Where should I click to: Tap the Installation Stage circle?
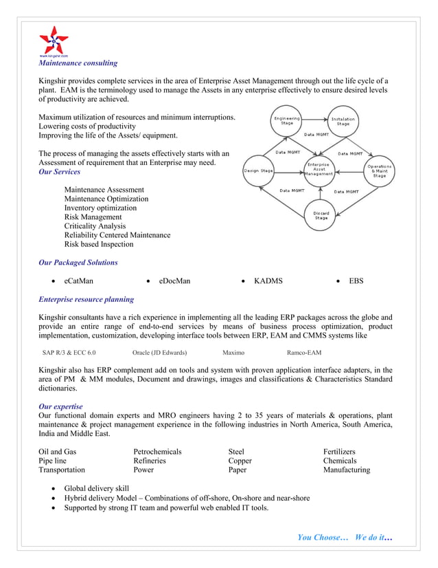click(343, 121)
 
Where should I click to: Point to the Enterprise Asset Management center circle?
click(318, 169)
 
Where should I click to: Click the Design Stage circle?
click(259, 171)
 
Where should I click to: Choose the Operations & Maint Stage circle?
click(379, 171)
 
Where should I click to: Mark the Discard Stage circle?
click(321, 215)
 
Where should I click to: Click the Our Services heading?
click(59, 172)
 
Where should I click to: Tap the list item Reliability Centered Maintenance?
click(117, 235)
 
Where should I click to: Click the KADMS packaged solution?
click(268, 281)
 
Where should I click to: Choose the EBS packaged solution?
click(356, 281)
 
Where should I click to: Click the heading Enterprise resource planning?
click(86, 300)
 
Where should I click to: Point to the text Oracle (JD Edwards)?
click(159, 353)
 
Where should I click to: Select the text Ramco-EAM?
click(304, 353)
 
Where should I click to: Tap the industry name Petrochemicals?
click(157, 452)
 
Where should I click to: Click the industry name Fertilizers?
click(339, 452)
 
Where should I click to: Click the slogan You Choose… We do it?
click(345, 537)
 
